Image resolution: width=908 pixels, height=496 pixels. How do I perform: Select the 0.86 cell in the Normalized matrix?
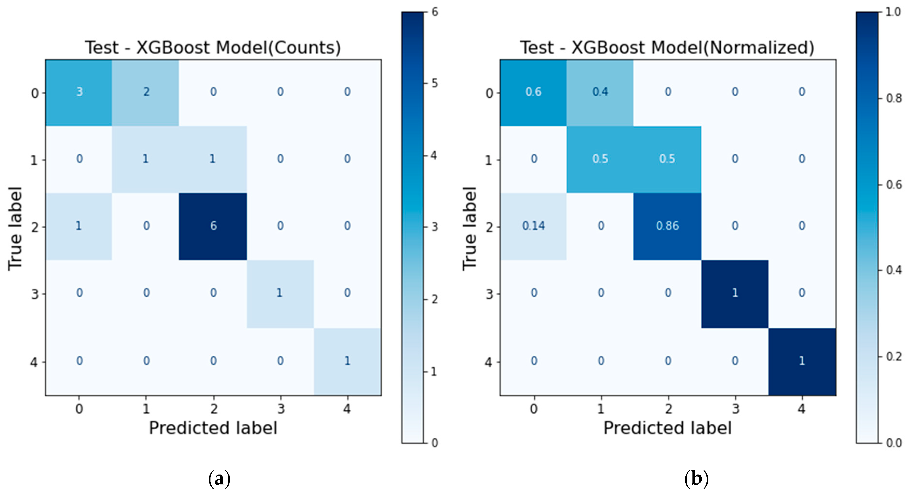click(x=667, y=226)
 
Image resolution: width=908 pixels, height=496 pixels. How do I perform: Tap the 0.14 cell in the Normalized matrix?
click(x=533, y=226)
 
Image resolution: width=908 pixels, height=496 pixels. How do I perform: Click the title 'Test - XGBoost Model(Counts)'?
click(x=213, y=48)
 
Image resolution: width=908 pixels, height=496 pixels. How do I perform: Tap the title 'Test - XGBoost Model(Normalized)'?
click(x=667, y=48)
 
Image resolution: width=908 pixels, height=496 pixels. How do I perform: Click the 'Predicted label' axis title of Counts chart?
click(x=213, y=428)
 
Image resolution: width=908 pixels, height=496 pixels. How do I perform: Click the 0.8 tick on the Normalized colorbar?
click(x=894, y=98)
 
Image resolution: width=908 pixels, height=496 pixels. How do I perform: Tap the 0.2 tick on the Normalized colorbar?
click(x=894, y=357)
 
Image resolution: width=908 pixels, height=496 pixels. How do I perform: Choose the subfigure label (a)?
click(x=219, y=479)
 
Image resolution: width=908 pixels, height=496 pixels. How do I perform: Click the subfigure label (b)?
click(x=696, y=479)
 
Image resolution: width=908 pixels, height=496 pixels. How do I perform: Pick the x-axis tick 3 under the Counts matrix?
click(x=280, y=409)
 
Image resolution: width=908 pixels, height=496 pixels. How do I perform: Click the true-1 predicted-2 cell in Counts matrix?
click(x=213, y=159)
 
